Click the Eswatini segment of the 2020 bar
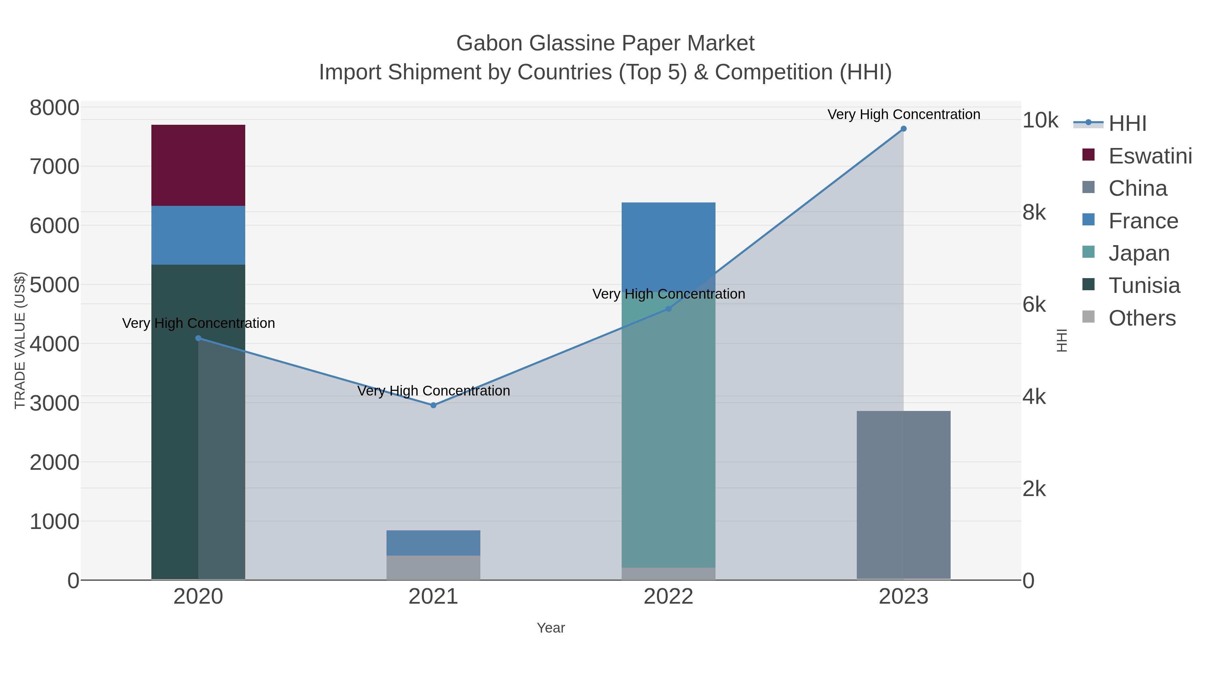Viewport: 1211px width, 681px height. (x=198, y=165)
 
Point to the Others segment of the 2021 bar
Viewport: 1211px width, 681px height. (x=433, y=567)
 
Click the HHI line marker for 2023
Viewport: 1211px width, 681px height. (x=903, y=129)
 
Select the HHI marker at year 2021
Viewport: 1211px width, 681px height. (x=433, y=405)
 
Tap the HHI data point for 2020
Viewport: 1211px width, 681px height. (x=198, y=338)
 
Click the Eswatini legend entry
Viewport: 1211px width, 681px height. (x=1149, y=156)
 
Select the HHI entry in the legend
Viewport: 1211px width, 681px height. (x=1127, y=124)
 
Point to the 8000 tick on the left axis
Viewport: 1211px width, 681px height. (x=54, y=108)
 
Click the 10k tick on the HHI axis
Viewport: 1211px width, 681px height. (x=1040, y=121)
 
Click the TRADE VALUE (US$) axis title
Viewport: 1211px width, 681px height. (x=20, y=340)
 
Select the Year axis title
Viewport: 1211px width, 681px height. (x=550, y=628)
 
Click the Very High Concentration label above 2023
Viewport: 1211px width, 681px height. (x=903, y=114)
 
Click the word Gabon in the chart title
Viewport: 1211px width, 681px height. (x=489, y=43)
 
